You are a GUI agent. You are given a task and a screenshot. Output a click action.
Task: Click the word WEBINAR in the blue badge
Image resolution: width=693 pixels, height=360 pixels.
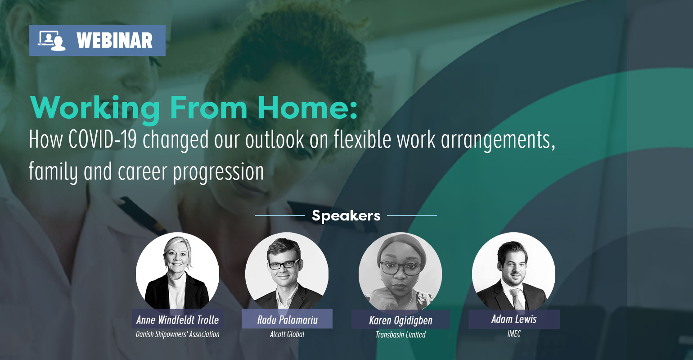[x=115, y=40]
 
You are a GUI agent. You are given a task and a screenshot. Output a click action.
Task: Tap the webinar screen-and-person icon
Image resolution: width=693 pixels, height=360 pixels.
[x=52, y=40]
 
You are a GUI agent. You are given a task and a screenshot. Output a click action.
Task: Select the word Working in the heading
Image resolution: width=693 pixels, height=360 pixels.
[x=95, y=109]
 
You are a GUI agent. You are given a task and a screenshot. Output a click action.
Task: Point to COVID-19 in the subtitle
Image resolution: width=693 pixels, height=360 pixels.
[x=103, y=139]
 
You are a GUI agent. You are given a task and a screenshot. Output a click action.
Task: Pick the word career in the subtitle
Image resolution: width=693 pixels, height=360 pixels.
[x=143, y=171]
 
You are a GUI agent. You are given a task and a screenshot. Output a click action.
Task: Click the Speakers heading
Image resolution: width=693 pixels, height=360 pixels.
[x=346, y=216]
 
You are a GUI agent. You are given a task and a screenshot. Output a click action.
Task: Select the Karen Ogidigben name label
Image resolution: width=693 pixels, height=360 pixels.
[x=400, y=320]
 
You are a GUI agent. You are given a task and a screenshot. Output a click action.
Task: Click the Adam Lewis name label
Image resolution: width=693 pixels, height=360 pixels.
[x=514, y=319]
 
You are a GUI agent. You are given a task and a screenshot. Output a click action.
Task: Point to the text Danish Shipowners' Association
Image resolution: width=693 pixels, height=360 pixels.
[x=178, y=334]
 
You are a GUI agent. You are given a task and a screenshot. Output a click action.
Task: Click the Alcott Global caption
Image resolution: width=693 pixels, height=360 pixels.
[x=287, y=334]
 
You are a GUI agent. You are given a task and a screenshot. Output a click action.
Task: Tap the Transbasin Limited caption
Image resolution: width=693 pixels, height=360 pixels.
[x=400, y=335]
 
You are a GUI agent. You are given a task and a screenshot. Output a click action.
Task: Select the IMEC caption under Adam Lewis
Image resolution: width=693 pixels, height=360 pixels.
[x=514, y=334]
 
